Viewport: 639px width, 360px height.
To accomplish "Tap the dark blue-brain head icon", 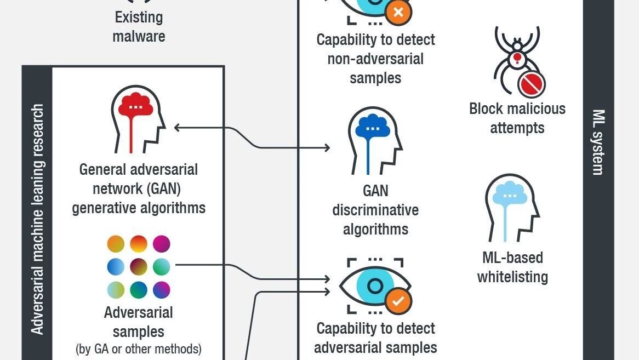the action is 375,140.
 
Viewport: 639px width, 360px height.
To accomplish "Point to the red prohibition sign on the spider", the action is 532,84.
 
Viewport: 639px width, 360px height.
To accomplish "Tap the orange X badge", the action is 398,12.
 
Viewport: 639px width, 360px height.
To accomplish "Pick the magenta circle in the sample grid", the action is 161,243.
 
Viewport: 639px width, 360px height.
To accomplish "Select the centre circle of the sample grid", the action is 139,267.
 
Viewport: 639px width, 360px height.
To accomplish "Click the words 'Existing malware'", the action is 139,26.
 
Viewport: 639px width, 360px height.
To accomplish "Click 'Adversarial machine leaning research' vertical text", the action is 37,219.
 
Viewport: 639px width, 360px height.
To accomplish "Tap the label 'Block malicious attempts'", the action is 517,118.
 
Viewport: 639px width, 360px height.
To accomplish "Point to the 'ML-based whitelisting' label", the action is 512,267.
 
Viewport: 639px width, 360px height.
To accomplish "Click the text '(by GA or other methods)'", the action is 139,349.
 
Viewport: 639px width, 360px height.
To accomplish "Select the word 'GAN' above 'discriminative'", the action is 375,191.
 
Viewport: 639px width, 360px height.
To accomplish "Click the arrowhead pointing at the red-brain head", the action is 177,128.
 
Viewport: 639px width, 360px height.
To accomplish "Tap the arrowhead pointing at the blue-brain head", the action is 327,147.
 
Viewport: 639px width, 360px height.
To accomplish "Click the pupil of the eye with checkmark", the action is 375,286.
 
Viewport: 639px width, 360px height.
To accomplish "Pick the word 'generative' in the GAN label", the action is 104,208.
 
